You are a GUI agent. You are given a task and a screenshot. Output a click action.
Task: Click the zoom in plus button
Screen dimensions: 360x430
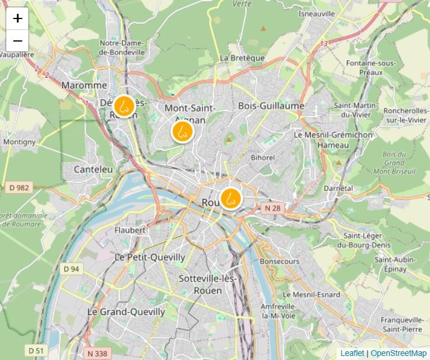tap(17, 18)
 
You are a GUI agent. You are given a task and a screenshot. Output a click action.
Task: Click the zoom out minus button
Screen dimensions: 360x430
tap(17, 41)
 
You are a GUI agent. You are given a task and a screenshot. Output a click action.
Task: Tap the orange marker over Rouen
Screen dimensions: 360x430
tap(231, 198)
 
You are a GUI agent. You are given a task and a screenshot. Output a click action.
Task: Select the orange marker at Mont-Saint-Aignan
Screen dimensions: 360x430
tap(182, 131)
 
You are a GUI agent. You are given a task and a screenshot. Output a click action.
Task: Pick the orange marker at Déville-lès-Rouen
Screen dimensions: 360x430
tap(123, 106)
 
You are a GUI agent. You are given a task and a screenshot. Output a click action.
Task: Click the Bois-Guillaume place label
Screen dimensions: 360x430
tap(271, 106)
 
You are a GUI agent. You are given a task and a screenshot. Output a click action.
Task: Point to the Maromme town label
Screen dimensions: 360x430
tap(84, 85)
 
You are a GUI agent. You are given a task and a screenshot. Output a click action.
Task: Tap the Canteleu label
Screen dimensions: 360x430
tap(93, 169)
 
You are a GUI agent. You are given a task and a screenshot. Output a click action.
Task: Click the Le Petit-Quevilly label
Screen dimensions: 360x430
tap(150, 257)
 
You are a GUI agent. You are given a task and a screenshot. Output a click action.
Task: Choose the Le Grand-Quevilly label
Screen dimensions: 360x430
tap(126, 312)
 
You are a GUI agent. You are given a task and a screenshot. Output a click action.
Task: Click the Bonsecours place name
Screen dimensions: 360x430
tap(280, 261)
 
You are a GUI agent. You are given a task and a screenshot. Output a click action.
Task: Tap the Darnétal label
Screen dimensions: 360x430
tap(338, 189)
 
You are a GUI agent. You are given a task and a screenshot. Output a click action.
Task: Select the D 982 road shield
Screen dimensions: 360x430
tap(19, 187)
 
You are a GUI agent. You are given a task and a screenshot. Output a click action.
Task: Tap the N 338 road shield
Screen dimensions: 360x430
tap(97, 353)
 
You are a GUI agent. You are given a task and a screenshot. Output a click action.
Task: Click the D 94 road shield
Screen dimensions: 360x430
tap(71, 269)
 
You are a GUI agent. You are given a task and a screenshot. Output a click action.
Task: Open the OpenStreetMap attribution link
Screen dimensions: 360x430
tap(398, 353)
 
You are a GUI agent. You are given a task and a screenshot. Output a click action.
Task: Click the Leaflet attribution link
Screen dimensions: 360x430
tap(352, 353)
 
